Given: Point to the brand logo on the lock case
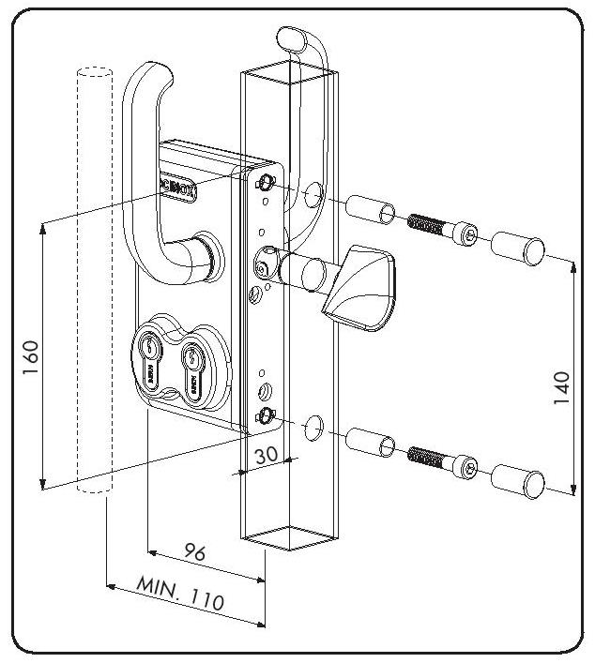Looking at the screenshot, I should click(x=179, y=184).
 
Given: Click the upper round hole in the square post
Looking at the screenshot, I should click(x=313, y=196).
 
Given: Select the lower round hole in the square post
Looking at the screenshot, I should click(x=314, y=428).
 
